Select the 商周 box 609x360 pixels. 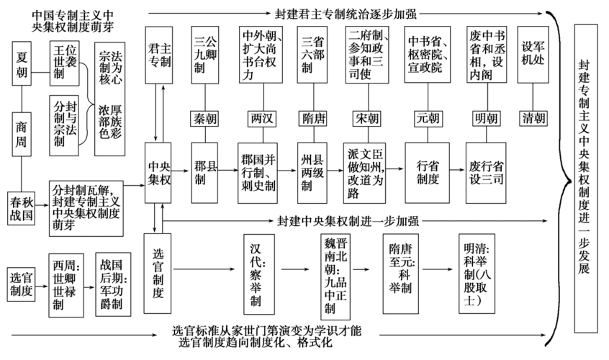click(22, 134)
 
